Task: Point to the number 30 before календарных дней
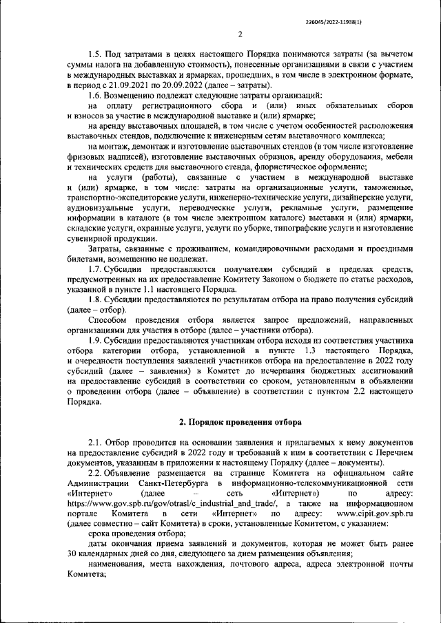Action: point(73,553)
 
